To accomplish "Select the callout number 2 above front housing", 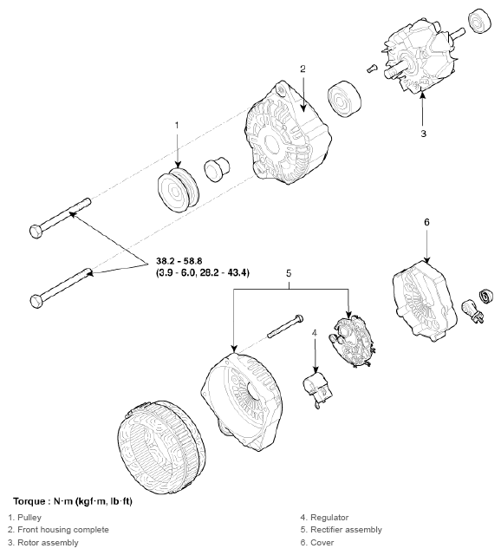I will (303, 69).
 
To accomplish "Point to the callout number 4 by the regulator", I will (315, 332).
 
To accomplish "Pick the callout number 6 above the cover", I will (426, 222).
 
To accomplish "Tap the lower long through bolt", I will (60, 287).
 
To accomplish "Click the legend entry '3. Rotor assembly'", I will (43, 542).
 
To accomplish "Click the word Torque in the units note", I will (32, 501).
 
